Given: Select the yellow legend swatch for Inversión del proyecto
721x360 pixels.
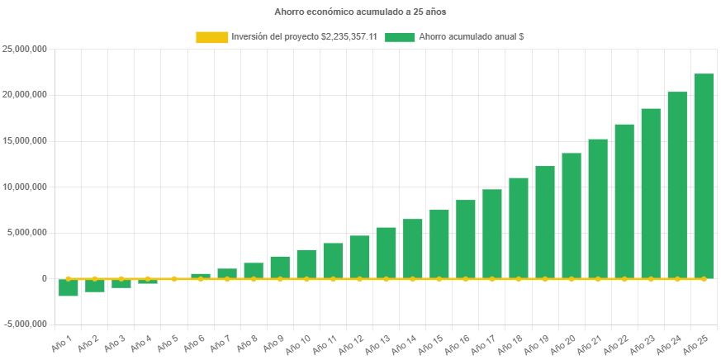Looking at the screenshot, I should click(x=211, y=37).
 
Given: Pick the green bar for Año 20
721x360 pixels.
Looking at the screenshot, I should click(x=572, y=216).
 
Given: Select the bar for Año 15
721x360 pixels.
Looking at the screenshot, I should click(x=439, y=244).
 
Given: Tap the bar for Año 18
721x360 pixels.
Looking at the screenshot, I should click(x=519, y=228).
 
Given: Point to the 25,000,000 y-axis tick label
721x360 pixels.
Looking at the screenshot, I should click(x=24, y=49).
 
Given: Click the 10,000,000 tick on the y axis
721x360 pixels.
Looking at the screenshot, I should click(x=24, y=187).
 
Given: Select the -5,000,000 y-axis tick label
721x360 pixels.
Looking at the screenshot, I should click(x=24, y=324).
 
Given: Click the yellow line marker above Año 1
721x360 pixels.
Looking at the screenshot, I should click(x=69, y=278).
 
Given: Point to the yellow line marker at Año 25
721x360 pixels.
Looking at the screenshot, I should click(x=704, y=279).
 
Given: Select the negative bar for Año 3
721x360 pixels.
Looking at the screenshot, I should click(x=121, y=283).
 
